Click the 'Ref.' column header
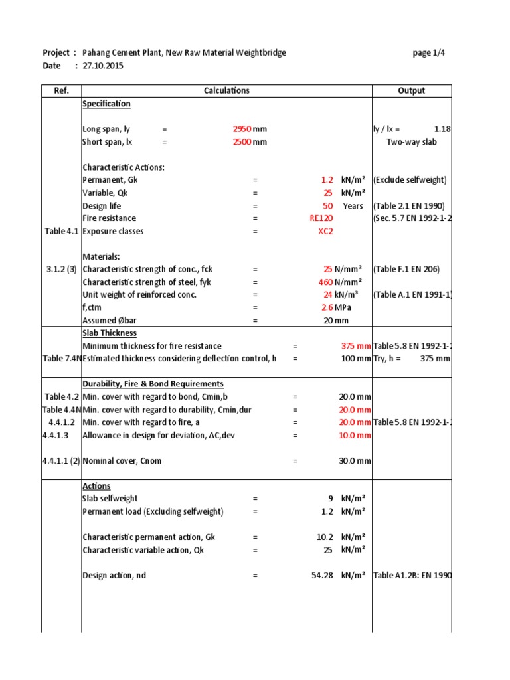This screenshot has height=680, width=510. click(x=61, y=91)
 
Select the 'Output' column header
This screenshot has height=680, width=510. click(x=411, y=91)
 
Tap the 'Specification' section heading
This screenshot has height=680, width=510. click(x=106, y=104)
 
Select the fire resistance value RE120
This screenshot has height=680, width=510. click(x=321, y=218)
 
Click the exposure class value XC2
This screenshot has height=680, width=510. click(x=325, y=232)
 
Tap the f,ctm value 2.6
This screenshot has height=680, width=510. click(x=326, y=307)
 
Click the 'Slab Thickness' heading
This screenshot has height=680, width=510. click(x=110, y=333)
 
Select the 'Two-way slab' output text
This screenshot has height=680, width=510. click(x=411, y=142)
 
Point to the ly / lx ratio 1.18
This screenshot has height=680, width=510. click(x=442, y=129)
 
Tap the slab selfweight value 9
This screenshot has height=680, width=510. click(x=329, y=499)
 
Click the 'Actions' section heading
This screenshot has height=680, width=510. click(x=96, y=486)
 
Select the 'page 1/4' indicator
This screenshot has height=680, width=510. click(x=428, y=53)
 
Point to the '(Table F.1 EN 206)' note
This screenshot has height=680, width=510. click(x=406, y=270)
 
